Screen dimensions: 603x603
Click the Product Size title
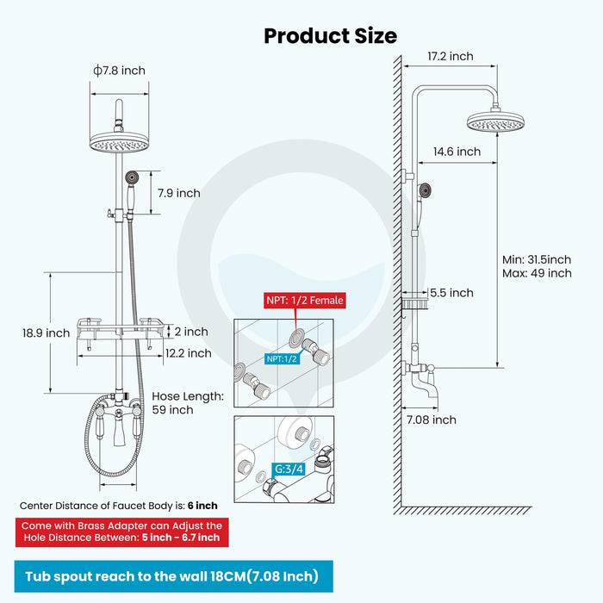330,35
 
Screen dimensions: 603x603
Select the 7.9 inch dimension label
177,193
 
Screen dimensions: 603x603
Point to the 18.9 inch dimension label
46,333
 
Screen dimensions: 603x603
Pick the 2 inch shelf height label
190,332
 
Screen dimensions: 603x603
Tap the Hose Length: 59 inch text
187,403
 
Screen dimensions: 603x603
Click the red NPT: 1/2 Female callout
305,301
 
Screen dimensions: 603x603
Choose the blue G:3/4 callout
289,470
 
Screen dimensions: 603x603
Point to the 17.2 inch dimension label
450,56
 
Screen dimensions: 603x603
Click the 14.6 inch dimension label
457,152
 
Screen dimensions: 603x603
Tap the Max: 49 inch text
537,273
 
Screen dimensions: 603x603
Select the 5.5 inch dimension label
451,293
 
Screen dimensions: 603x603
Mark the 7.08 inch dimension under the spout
432,420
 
